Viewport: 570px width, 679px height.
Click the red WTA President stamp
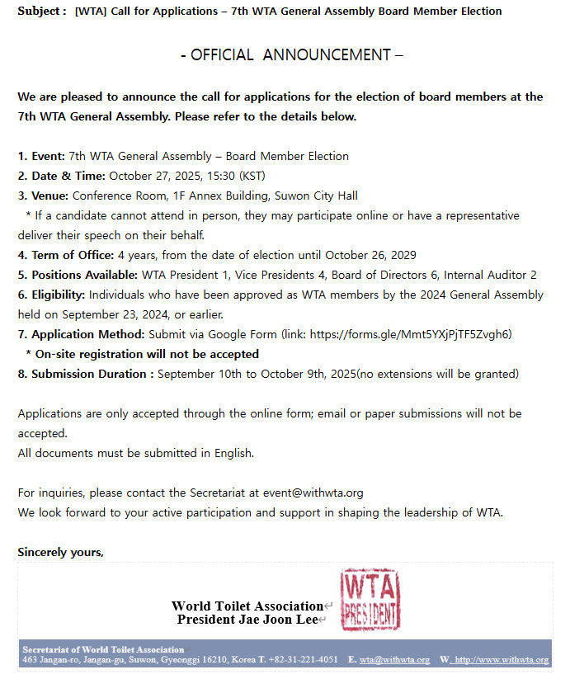(x=370, y=600)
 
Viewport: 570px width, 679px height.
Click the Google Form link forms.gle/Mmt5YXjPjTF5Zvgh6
(x=410, y=334)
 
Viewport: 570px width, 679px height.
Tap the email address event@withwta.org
(x=313, y=493)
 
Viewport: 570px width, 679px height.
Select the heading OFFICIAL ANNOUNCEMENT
(x=291, y=55)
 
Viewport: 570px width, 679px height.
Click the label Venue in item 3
(x=49, y=196)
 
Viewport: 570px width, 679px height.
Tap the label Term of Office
(x=72, y=255)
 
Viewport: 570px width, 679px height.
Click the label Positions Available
(x=84, y=275)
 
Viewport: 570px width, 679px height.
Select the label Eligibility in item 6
(x=59, y=295)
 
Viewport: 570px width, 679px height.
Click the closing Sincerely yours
(x=60, y=552)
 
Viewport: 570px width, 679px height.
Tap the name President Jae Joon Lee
(x=247, y=620)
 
